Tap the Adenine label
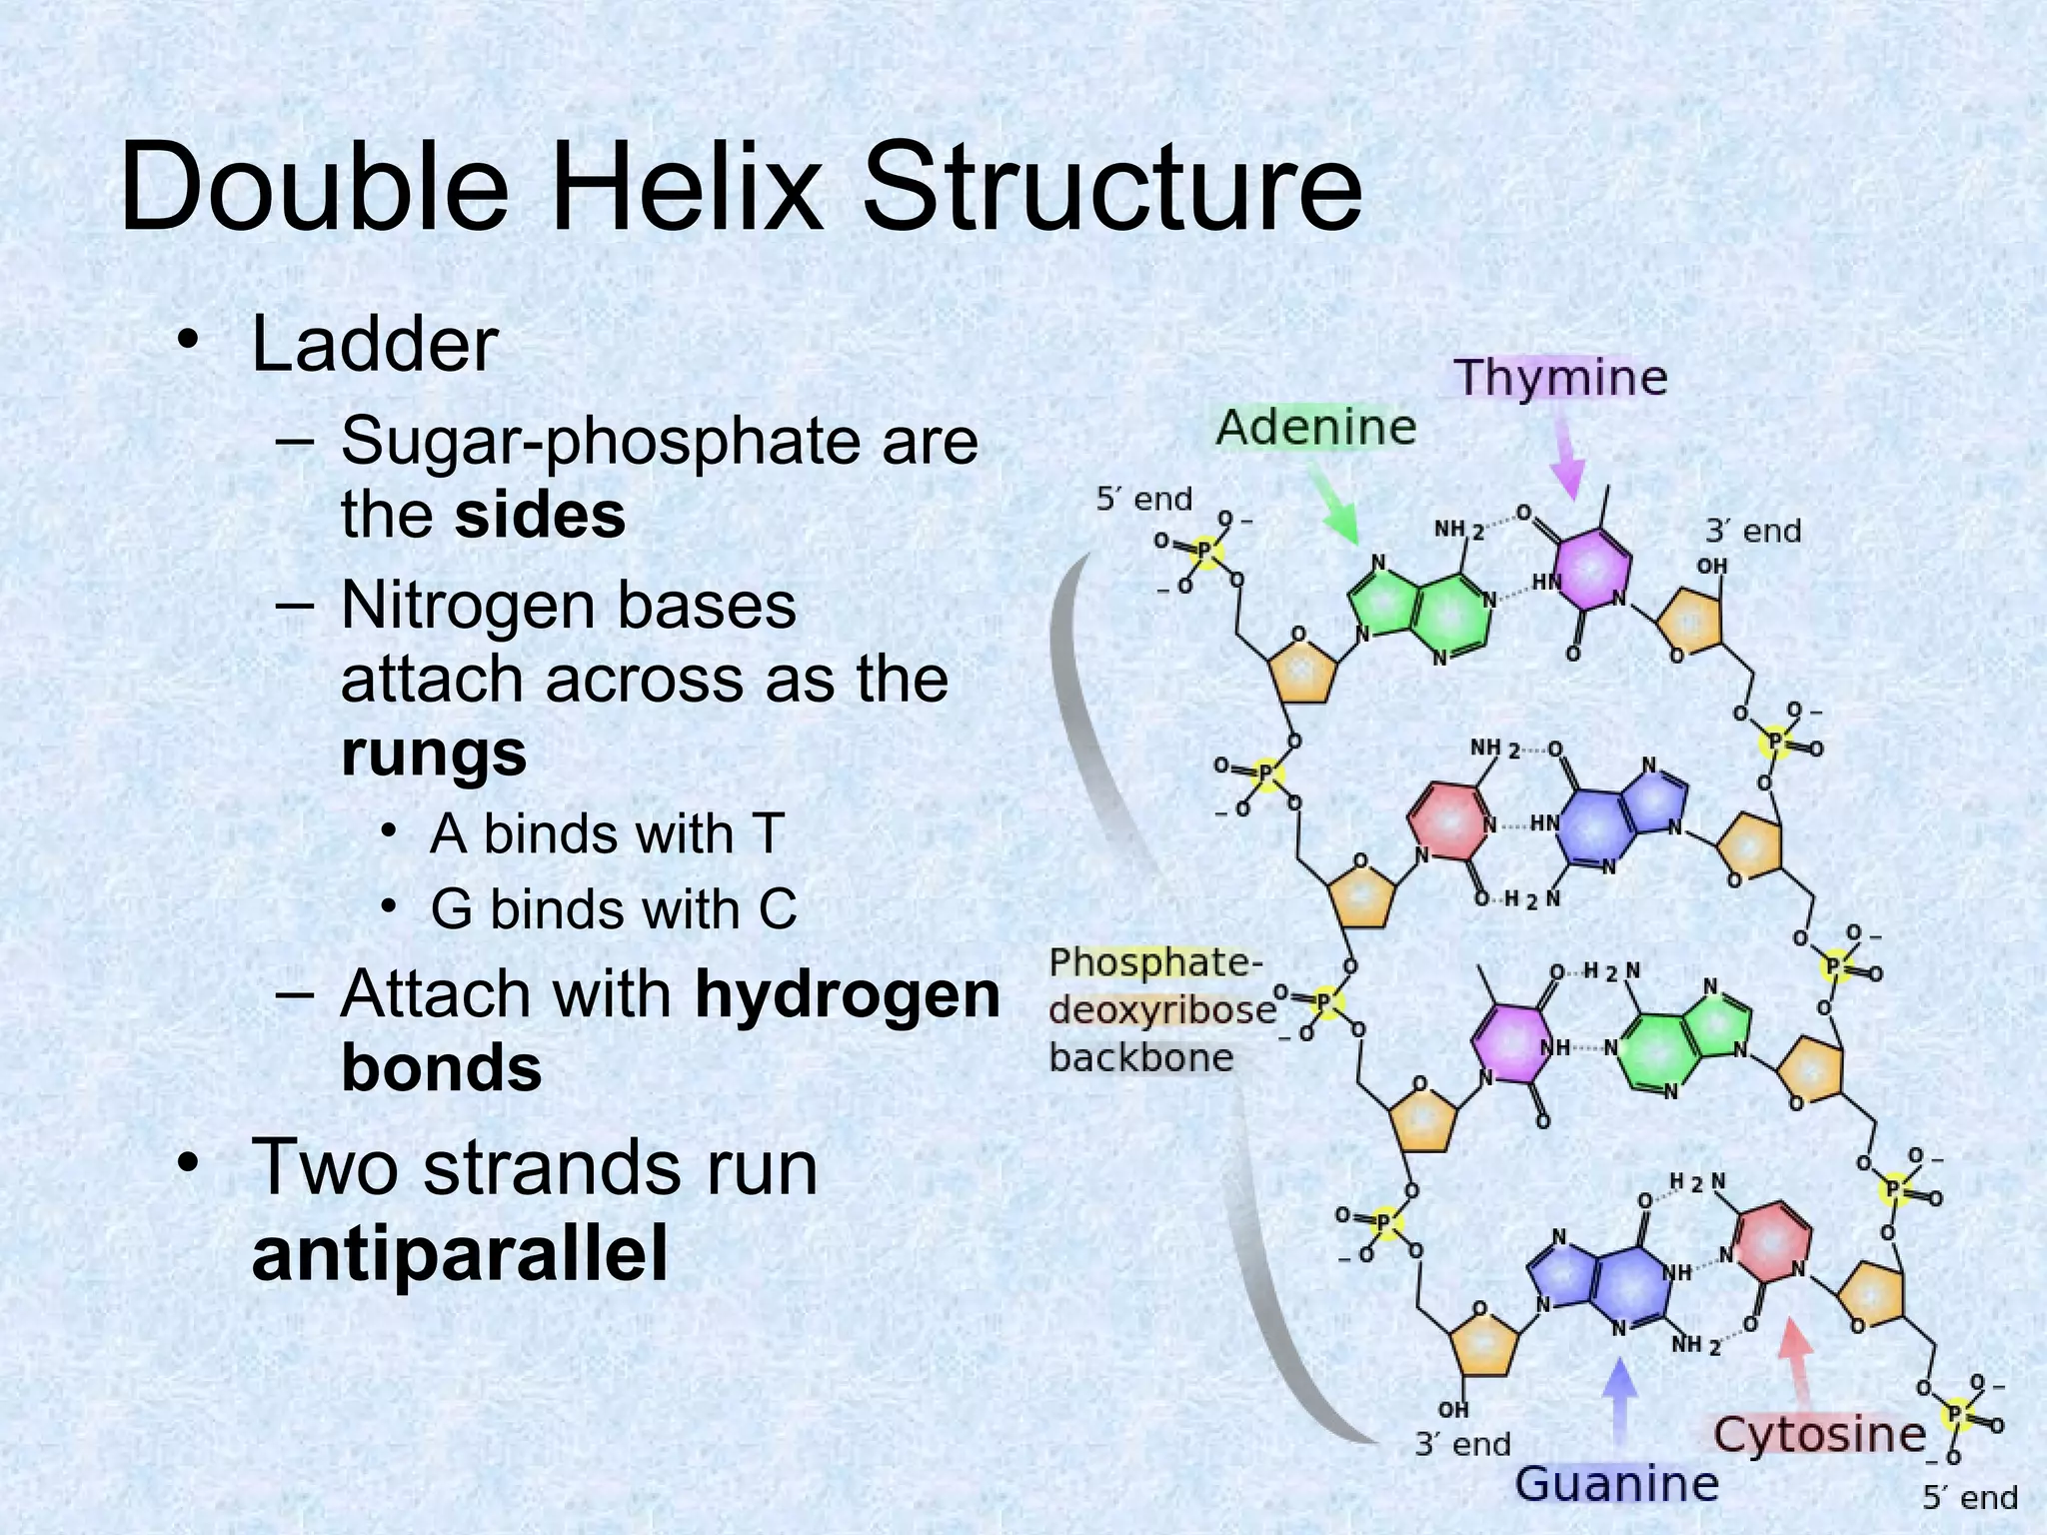1315,428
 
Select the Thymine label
1560,378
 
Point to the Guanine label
1616,1482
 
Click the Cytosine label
1819,1434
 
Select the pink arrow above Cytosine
1794,1364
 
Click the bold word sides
540,515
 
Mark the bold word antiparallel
460,1253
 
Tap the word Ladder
375,345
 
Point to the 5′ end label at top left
1144,498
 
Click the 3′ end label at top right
1753,530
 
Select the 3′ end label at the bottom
1462,1443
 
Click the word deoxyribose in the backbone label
1161,1009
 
